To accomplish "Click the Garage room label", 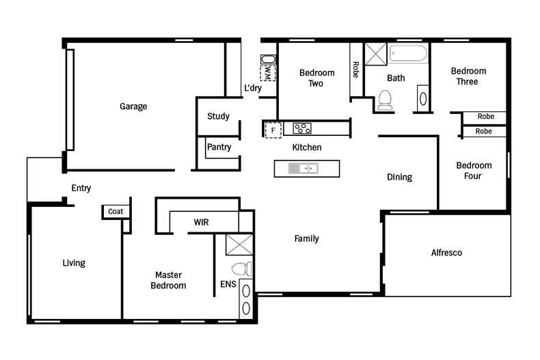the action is [133, 107].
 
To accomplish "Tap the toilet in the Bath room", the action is [385, 100].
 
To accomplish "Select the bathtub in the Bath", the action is [409, 54].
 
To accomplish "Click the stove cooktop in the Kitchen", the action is [302, 128].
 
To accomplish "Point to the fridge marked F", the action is [273, 130].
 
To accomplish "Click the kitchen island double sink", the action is [303, 169].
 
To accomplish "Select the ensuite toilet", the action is [242, 268].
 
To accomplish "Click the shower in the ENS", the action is [239, 245].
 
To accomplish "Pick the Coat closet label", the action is [116, 211].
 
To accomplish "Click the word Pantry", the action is [219, 147].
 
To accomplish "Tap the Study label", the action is [218, 116].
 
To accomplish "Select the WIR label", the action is [201, 222].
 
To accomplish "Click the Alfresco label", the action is [446, 253].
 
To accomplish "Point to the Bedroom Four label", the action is [474, 171].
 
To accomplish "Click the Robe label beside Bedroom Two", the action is [355, 70].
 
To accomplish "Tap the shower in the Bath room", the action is [376, 54].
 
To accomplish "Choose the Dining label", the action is [399, 177].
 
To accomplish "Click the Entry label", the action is [81, 189].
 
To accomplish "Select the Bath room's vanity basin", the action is [423, 99].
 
